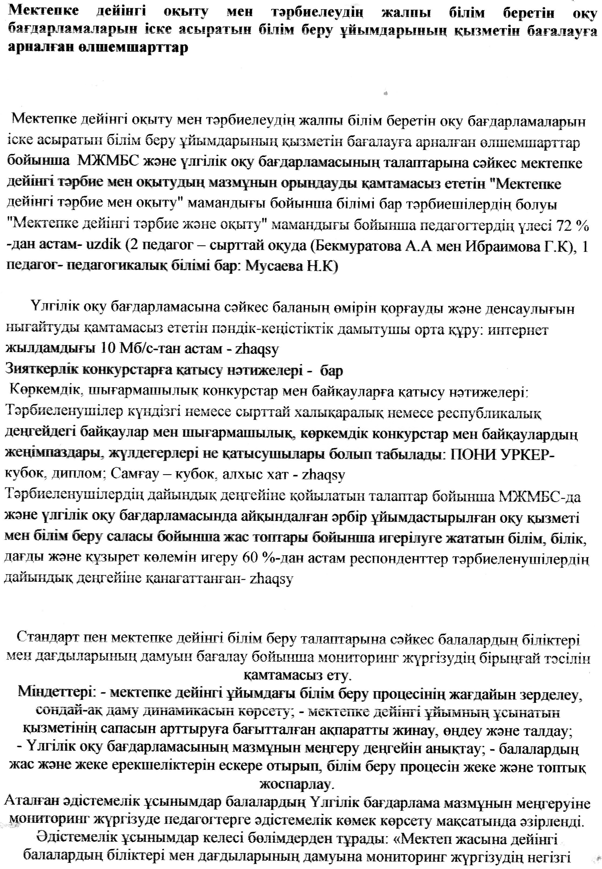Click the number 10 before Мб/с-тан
click(107, 349)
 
